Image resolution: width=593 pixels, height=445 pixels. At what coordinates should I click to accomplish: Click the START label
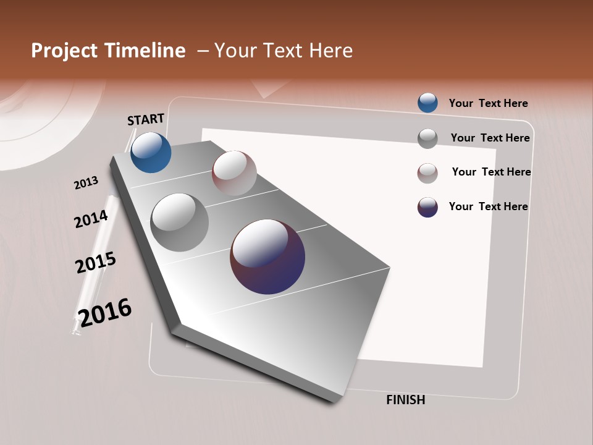click(x=146, y=119)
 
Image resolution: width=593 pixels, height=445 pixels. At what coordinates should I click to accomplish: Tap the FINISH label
click(x=405, y=400)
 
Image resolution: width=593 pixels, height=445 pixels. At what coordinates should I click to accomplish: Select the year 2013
click(x=86, y=183)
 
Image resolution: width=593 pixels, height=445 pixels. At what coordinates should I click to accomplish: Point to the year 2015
click(x=95, y=263)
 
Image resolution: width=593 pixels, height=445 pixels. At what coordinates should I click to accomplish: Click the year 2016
click(x=105, y=313)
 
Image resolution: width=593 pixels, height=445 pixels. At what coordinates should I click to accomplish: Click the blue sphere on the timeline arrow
click(x=151, y=153)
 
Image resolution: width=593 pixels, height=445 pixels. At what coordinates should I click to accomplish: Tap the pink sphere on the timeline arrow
click(x=234, y=173)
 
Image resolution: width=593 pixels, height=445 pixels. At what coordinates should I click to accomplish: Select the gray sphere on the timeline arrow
click(x=180, y=222)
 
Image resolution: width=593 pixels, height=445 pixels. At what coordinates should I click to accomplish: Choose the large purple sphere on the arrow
click(x=267, y=256)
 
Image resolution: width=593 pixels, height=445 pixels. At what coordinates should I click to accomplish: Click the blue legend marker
click(x=427, y=103)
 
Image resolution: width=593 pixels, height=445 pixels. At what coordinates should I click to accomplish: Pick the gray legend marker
click(x=427, y=138)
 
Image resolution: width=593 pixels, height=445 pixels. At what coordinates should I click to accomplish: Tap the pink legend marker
click(x=427, y=172)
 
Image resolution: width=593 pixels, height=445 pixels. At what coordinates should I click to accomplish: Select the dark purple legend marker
click(x=427, y=207)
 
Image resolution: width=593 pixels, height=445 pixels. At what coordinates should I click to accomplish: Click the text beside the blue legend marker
click(x=488, y=103)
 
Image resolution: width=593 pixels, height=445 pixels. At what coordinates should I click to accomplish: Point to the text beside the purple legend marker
click(x=488, y=206)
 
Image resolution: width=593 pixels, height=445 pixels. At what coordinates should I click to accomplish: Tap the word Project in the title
click(x=64, y=51)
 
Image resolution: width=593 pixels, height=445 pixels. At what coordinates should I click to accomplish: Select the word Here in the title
click(x=330, y=51)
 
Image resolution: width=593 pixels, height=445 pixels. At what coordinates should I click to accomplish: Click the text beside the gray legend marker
click(x=490, y=138)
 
